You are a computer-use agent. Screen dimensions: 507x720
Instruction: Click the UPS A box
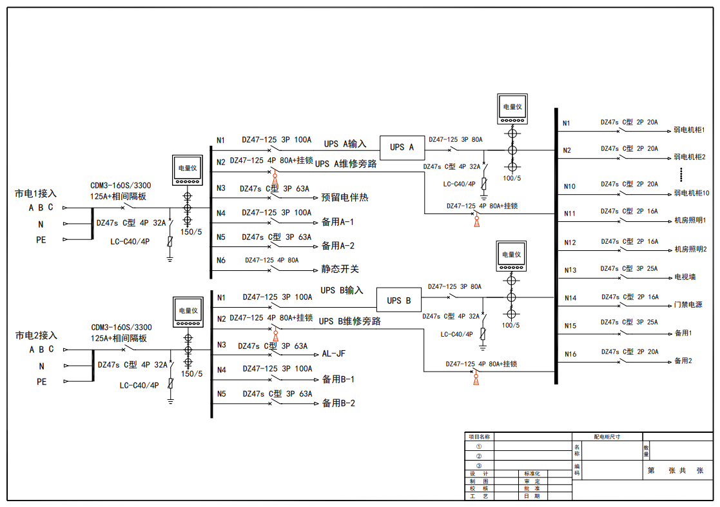tap(402, 147)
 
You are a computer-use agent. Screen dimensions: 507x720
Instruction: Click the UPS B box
tap(398, 300)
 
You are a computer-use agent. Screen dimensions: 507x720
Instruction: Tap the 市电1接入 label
tap(36, 193)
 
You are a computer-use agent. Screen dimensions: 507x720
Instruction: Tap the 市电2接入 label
tap(36, 335)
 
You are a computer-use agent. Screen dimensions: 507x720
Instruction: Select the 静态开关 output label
tap(340, 270)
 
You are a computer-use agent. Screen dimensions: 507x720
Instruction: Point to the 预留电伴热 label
tap(345, 197)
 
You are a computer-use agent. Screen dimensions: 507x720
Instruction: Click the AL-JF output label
tap(335, 353)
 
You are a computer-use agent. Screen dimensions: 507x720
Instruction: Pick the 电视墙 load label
tap(685, 277)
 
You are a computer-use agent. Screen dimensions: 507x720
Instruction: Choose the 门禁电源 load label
tap(688, 304)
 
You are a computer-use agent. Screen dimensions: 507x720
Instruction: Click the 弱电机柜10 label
tap(692, 193)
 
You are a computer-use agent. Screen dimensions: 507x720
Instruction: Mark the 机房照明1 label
tap(690, 221)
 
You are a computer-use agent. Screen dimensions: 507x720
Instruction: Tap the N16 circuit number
tap(570, 354)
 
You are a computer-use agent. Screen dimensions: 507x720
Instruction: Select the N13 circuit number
tap(570, 270)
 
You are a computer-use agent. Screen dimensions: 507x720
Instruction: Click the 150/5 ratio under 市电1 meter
tap(191, 232)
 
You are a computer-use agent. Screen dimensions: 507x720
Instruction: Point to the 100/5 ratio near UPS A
tap(511, 177)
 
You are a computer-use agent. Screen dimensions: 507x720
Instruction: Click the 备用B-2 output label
tap(338, 404)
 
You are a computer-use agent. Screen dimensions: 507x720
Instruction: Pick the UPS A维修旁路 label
tap(345, 164)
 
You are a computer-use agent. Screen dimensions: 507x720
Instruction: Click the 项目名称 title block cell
tap(479, 437)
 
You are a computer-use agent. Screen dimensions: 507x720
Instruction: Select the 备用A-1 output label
tap(338, 222)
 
